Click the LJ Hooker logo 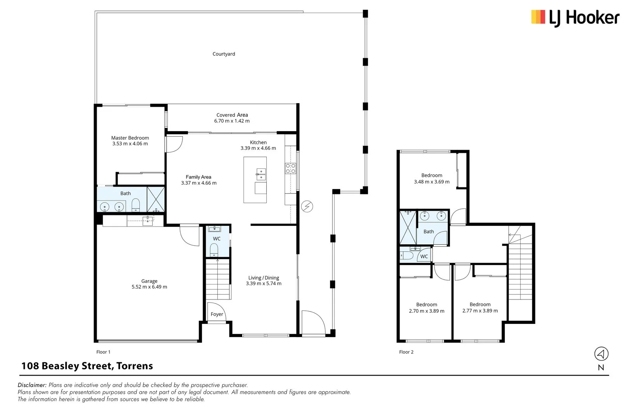[575, 18]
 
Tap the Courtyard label [224, 54]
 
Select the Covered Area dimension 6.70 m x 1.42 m [232, 121]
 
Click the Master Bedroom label [130, 138]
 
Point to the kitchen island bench [255, 180]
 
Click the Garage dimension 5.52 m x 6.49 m [149, 287]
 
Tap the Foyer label [217, 314]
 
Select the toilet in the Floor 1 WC [214, 249]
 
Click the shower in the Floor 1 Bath [156, 199]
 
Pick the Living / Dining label [264, 278]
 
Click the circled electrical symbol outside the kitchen [307, 207]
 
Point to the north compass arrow [601, 354]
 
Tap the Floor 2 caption [406, 352]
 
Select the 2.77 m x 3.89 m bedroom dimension [480, 311]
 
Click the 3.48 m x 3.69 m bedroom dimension [432, 182]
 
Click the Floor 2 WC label [424, 256]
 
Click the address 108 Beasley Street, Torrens [87, 366]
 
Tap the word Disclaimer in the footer [32, 385]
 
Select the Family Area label [198, 177]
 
